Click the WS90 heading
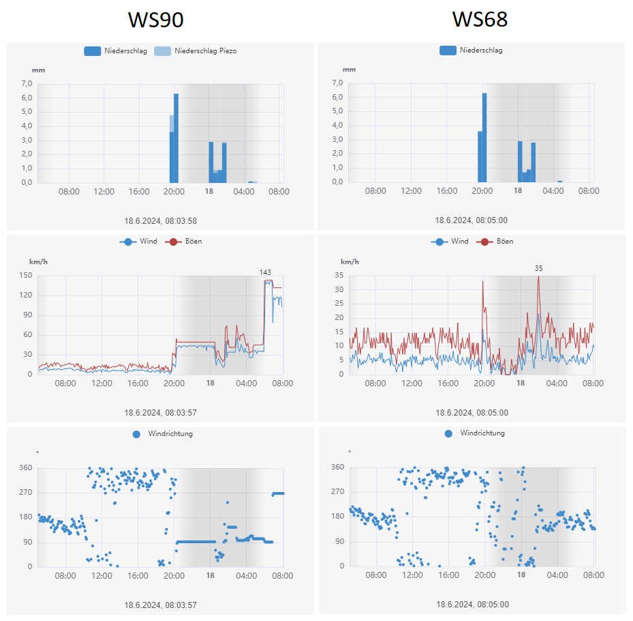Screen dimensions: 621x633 click(x=156, y=20)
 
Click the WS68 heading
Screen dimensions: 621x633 click(x=480, y=20)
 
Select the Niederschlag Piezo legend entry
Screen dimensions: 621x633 click(x=205, y=50)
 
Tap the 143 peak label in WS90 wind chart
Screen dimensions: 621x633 click(x=265, y=272)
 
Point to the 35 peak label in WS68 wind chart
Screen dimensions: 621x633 click(x=538, y=268)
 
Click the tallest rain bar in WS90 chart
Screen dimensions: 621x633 click(x=176, y=136)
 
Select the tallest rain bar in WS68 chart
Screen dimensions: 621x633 click(x=484, y=136)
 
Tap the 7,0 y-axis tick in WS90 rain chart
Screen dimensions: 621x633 click(x=27, y=84)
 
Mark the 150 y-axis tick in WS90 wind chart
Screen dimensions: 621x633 click(x=26, y=275)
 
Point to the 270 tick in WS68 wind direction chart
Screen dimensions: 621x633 click(x=337, y=492)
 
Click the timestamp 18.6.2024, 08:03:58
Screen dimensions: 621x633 click(x=161, y=220)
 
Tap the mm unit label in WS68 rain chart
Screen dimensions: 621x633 click(x=349, y=69)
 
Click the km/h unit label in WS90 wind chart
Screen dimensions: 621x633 click(x=38, y=261)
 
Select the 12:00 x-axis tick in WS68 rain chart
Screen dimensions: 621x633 click(x=411, y=190)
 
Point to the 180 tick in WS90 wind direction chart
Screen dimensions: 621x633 click(x=26, y=517)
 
